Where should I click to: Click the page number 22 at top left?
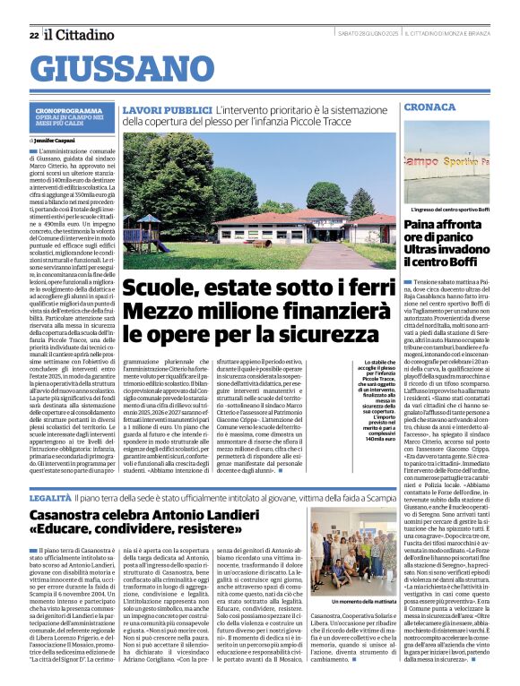coord(33,35)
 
